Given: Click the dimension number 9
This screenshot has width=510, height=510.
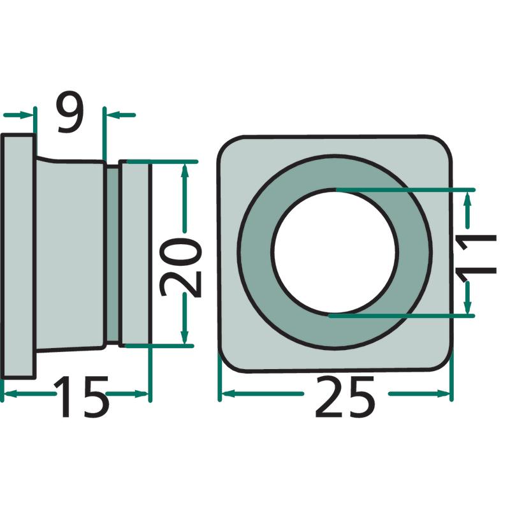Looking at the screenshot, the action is pos(71,112).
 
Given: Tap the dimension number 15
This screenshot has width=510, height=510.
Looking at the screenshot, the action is pos(82,397).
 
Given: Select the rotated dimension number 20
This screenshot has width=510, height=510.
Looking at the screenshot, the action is pos(181,267).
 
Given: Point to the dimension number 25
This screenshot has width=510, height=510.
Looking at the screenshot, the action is pos(345,397).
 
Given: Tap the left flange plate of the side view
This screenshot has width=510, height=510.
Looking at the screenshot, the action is pos(18,256).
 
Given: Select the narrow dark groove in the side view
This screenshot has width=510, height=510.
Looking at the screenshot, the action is pos(113,254).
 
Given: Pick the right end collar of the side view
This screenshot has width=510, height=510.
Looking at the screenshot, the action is pos(135,253).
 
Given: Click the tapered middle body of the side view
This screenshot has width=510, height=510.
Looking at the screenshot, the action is pos(70,254).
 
